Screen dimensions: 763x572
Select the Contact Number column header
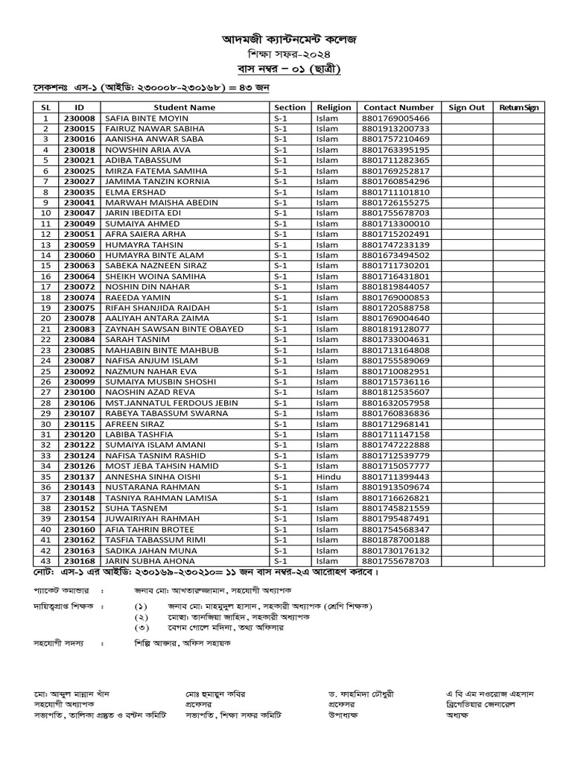[398, 107]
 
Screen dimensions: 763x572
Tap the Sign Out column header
[467, 107]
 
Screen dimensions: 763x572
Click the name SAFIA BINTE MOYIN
[147, 118]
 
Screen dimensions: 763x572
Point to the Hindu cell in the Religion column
[328, 477]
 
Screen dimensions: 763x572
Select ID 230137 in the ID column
[79, 477]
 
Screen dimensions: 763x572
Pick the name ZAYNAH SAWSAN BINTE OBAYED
[174, 329]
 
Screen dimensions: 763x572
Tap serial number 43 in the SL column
[45, 560]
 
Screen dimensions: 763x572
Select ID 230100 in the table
[79, 392]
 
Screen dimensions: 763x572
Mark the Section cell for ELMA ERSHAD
[280, 192]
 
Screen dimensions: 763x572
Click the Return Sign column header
[519, 107]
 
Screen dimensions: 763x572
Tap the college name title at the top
[287, 37]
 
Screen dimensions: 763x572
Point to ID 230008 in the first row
[79, 118]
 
